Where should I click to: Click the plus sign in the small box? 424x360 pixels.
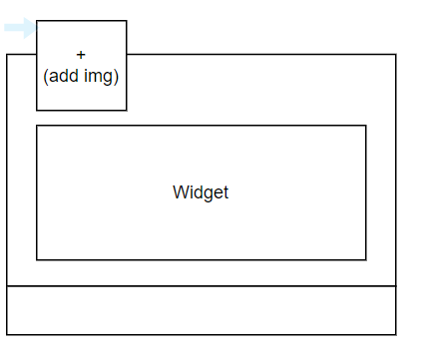tap(81, 55)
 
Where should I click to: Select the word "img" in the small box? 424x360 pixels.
tap(99, 75)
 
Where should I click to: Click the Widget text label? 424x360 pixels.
tap(201, 192)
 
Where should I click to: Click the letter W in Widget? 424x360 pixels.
tap(180, 192)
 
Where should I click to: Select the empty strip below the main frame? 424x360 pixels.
tap(201, 310)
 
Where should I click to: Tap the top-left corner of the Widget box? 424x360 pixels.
tap(37, 126)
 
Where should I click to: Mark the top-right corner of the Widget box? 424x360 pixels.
tap(366, 126)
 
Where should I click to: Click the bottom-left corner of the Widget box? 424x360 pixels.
tap(37, 260)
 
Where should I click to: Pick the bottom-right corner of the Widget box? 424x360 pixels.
tap(366, 260)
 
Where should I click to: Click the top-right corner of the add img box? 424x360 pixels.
tap(127, 21)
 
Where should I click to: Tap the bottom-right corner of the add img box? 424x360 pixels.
tap(127, 111)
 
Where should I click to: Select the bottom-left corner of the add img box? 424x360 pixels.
tap(37, 111)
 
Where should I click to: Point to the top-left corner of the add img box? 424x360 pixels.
tap(37, 21)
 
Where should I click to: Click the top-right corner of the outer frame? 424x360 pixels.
tap(396, 54)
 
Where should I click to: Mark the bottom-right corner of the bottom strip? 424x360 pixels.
tap(396, 334)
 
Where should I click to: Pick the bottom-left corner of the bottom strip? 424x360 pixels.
tap(7, 334)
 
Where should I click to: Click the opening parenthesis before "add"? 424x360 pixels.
tap(46, 75)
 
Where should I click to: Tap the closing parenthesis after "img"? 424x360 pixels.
tap(116, 75)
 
